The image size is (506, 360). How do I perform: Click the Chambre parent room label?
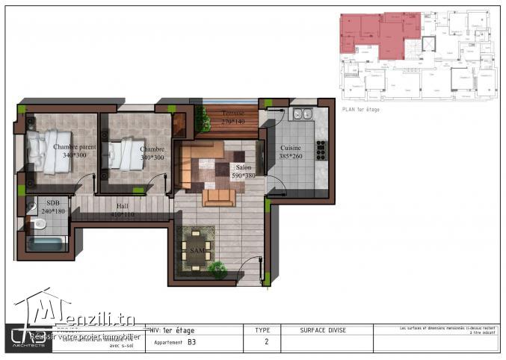(x=75, y=147)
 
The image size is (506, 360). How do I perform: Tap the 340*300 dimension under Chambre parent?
(x=73, y=156)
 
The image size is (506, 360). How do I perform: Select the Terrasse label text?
(x=233, y=113)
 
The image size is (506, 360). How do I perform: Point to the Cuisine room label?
(x=291, y=148)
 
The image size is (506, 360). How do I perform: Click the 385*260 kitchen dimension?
(x=291, y=158)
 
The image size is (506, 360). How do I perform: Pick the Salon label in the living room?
(x=244, y=167)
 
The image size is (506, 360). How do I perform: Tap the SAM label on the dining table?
(x=197, y=249)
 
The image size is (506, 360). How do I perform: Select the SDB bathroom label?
(x=53, y=202)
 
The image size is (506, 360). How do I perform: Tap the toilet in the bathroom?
(x=38, y=223)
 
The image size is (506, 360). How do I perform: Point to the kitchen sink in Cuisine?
(x=303, y=114)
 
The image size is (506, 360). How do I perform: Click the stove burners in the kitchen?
(x=321, y=150)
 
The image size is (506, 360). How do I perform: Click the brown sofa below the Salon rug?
(x=219, y=197)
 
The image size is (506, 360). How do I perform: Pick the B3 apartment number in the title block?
(x=192, y=343)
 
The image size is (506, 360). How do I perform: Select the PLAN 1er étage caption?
(x=362, y=109)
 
